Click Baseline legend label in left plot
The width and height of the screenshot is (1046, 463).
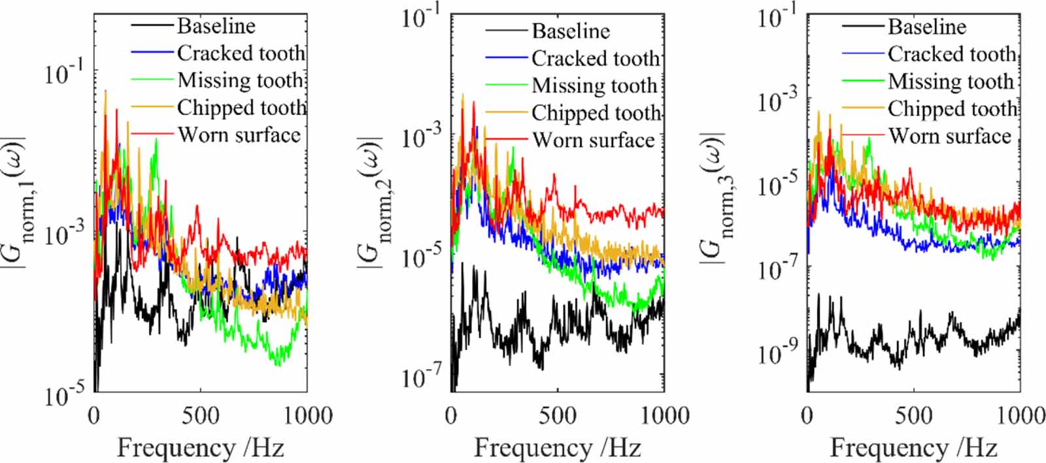[216, 26]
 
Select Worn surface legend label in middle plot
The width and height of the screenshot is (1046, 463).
[593, 140]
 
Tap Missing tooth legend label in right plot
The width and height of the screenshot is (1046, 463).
[951, 81]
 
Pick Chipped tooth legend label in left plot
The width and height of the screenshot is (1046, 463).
[241, 107]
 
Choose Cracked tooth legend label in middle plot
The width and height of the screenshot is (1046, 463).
[596, 58]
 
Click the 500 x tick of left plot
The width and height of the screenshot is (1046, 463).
[200, 416]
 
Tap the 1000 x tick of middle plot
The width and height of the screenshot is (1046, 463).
[663, 416]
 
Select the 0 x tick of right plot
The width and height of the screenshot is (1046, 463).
[808, 416]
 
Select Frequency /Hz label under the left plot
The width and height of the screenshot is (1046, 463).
[200, 448]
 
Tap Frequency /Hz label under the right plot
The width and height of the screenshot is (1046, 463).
[913, 448]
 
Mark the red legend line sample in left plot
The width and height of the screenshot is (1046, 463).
[154, 135]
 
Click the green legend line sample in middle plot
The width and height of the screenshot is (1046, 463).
[507, 86]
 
